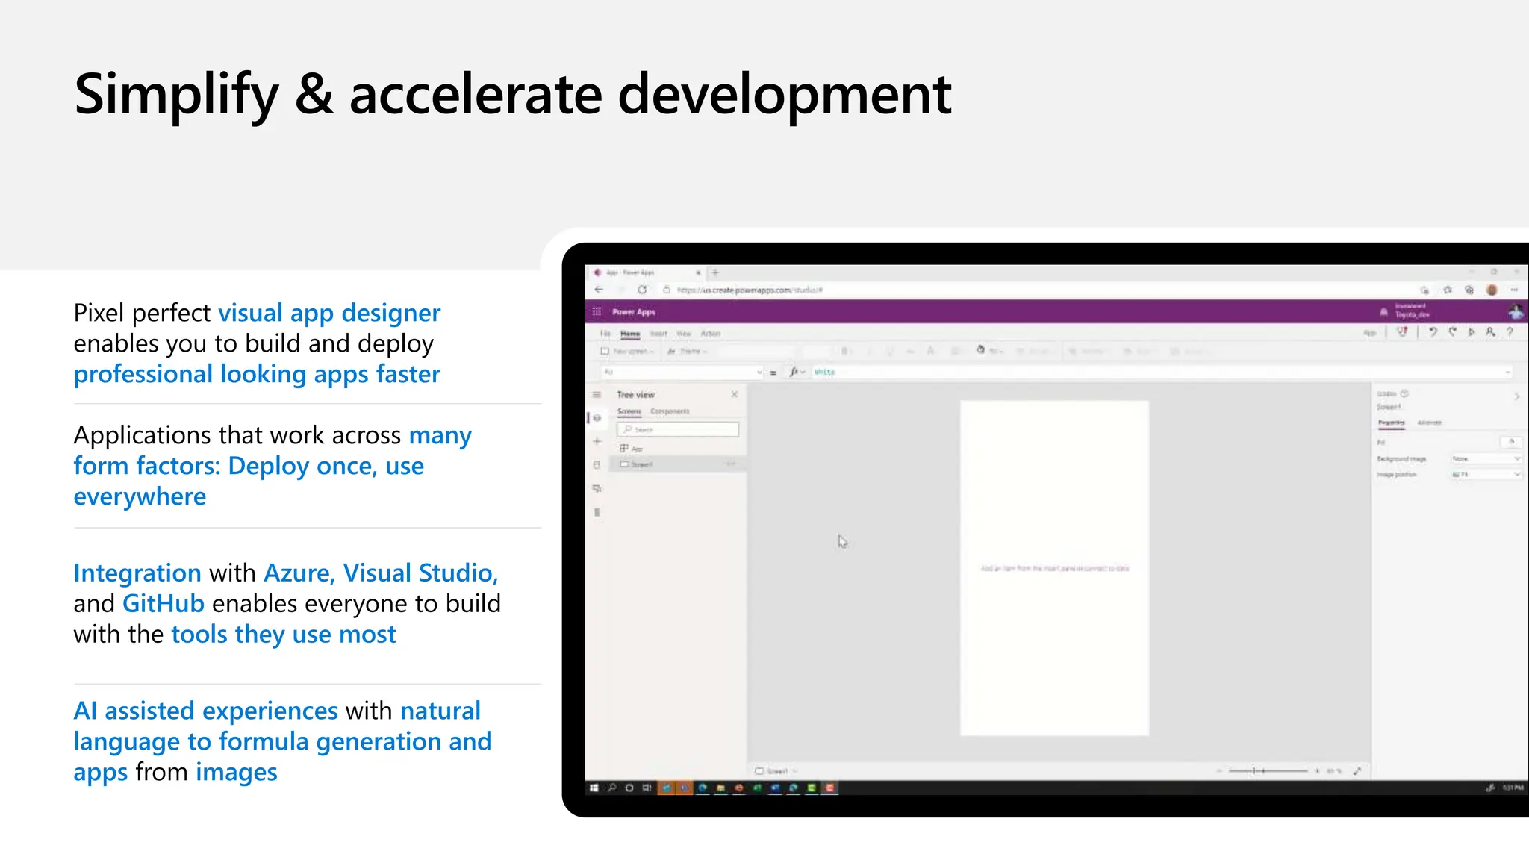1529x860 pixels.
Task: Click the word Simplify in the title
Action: click(x=176, y=96)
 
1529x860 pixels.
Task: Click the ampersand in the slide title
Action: click(x=314, y=94)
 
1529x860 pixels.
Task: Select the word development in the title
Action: click(x=785, y=96)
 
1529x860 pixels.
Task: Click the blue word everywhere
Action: click(x=140, y=496)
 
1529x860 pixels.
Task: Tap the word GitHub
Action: click(x=163, y=603)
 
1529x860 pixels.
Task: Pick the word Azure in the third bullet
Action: click(x=298, y=573)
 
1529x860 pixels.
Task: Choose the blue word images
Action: click(x=236, y=772)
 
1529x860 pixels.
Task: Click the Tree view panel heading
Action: click(x=635, y=395)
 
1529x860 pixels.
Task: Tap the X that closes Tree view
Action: click(x=734, y=394)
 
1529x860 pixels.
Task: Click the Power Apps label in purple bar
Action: click(x=634, y=312)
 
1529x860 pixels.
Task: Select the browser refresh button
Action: click(x=642, y=290)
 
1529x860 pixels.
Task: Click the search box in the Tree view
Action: click(x=678, y=429)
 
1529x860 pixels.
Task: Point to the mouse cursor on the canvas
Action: click(x=841, y=540)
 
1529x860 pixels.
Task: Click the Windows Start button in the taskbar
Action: click(x=594, y=788)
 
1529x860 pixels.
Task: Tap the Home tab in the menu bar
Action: click(x=630, y=334)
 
